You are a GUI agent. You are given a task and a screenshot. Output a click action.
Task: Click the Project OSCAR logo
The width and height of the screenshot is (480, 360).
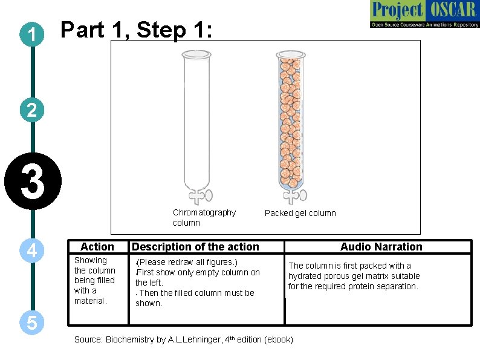coord(424,15)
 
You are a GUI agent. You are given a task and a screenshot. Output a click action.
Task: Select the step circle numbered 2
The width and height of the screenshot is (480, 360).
coord(31,110)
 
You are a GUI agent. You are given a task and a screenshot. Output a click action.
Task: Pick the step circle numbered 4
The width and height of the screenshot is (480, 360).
coord(31,250)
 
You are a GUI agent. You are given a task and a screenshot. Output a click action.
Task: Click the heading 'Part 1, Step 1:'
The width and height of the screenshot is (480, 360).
coord(136,30)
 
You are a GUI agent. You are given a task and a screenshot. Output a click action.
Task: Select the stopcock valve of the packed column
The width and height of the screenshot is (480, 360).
coord(294,195)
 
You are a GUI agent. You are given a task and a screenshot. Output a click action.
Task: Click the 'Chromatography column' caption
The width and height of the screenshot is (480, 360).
coord(204,217)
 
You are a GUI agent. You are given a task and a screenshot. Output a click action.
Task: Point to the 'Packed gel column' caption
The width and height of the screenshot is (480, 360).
coord(300,213)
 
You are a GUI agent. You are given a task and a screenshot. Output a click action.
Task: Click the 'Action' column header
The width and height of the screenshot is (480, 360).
coord(97,246)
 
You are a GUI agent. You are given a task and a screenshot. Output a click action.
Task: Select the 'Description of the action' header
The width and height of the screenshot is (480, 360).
coord(195,246)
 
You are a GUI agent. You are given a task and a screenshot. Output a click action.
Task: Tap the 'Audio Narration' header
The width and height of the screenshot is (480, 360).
coord(381,246)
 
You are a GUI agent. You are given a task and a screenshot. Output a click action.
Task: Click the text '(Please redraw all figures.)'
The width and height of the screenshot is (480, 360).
coord(187,262)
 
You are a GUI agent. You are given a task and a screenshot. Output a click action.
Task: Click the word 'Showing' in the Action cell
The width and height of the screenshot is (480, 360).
coord(90,260)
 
